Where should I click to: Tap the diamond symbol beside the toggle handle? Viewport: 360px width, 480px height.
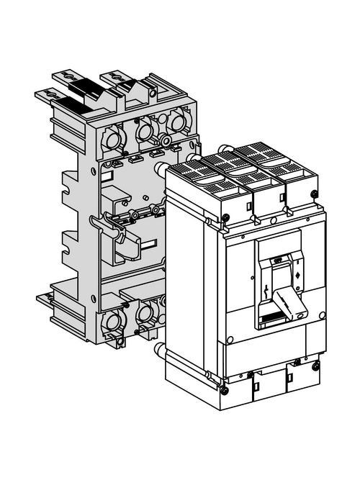[x=297, y=276]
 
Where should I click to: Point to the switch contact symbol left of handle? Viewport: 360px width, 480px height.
[x=267, y=294]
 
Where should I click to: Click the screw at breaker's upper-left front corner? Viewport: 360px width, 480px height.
[x=225, y=217]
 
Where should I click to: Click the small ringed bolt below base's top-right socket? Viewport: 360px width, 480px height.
[x=166, y=142]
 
